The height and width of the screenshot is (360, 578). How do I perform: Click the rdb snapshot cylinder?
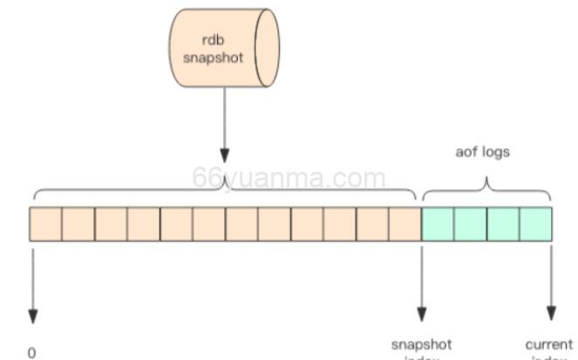point(224,48)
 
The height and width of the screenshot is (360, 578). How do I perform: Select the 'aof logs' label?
point(482,152)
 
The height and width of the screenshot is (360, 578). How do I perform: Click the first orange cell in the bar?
point(45,224)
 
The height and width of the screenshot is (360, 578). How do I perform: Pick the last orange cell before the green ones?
point(405,224)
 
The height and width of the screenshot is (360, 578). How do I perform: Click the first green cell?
point(438,224)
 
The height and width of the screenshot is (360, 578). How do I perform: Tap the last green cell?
point(535,224)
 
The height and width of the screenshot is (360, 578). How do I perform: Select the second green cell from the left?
point(470,224)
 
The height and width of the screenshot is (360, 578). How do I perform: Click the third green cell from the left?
point(503,224)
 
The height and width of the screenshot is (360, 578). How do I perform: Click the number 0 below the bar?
point(32,352)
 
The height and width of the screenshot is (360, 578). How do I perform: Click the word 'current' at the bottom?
point(549,344)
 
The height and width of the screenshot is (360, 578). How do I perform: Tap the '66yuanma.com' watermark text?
point(289,179)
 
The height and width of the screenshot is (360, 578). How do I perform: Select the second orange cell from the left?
point(78,224)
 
